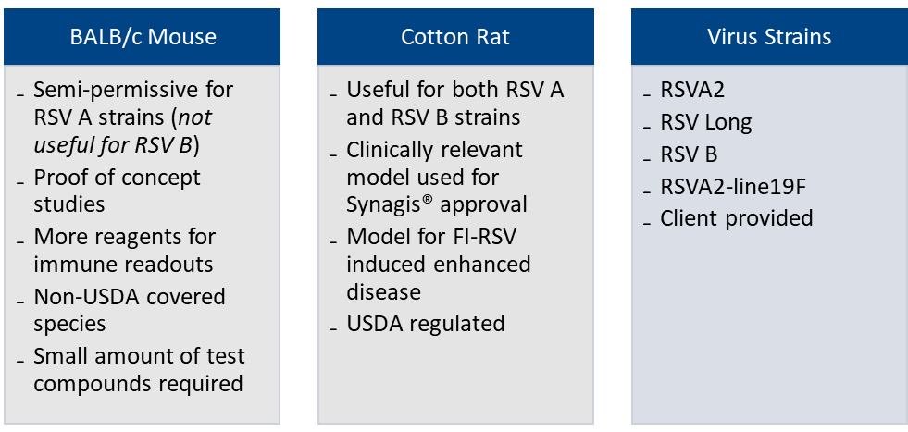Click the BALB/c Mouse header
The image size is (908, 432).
pos(143,37)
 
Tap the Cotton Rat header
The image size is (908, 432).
pos(455,37)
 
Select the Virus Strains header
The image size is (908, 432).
pos(769,37)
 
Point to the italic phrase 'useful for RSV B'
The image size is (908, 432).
pos(113,145)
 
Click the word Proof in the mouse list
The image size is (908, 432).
pos(59,178)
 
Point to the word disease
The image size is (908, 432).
pos(383,291)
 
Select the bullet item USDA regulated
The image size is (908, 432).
pos(426,323)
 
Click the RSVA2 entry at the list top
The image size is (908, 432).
pos(692,90)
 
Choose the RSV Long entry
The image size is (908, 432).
pos(706,123)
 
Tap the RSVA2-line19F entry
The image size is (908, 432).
pos(733,187)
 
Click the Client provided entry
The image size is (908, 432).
pos(737,218)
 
